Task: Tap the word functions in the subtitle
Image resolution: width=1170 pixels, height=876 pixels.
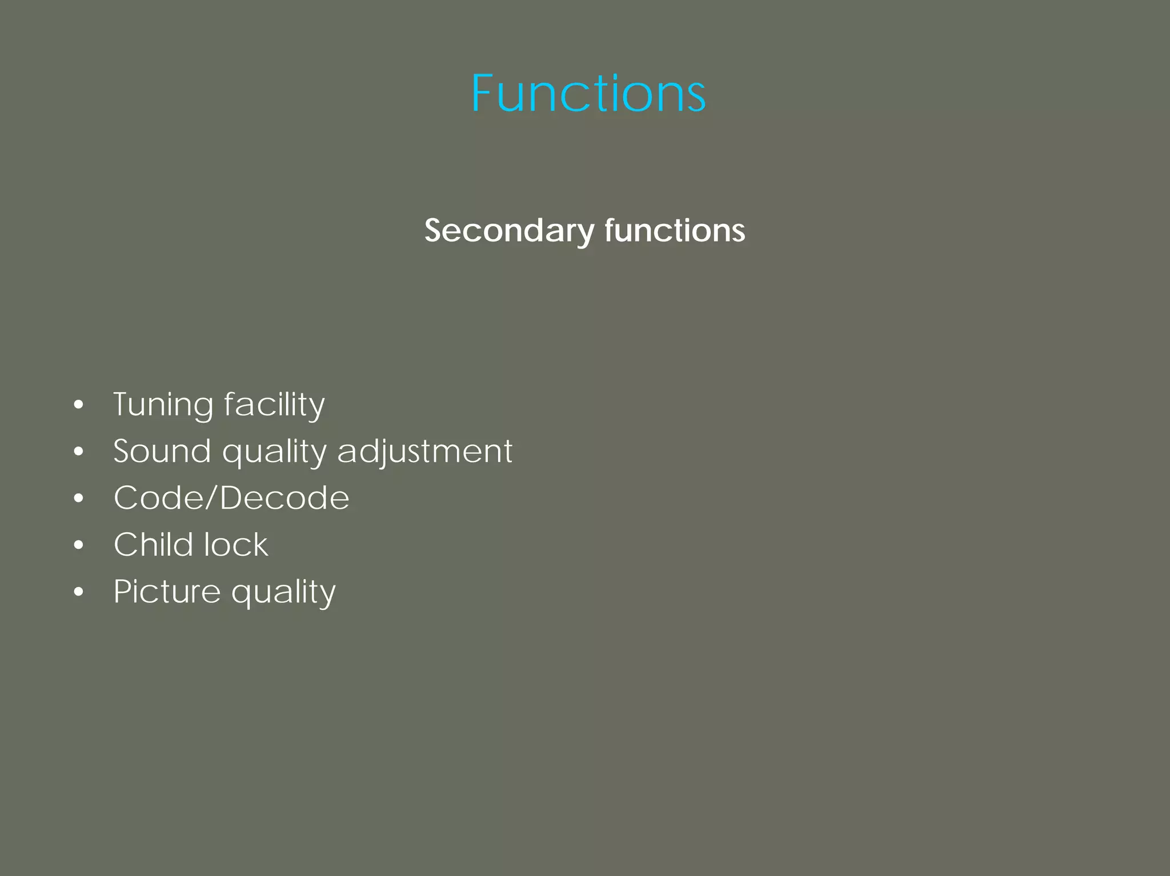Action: [675, 231]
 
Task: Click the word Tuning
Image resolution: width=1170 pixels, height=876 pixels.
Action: [163, 405]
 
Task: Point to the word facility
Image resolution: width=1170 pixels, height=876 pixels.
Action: [274, 405]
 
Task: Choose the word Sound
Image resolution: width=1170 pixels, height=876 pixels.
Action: [162, 451]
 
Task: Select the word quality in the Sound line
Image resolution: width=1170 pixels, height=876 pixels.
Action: [274, 453]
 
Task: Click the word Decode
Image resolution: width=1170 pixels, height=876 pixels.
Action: [285, 498]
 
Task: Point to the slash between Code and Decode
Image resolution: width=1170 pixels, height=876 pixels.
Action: [211, 498]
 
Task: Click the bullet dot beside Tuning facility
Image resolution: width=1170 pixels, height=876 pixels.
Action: [79, 405]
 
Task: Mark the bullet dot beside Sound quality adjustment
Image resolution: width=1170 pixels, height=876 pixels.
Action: [79, 452]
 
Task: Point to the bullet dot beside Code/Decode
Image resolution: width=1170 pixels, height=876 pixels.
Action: [79, 499]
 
